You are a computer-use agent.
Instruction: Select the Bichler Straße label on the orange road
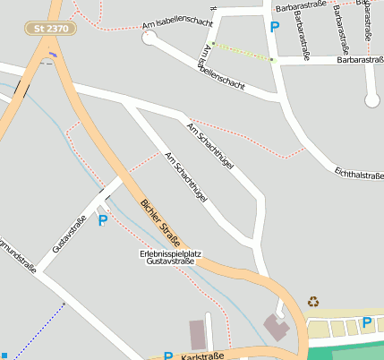click(161, 223)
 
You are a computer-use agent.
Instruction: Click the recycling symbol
click(313, 302)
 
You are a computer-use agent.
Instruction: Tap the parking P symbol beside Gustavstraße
click(103, 219)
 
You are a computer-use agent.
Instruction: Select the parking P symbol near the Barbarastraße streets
click(274, 27)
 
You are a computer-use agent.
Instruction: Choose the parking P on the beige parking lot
click(366, 322)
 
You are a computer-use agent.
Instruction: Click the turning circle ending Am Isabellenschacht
click(149, 38)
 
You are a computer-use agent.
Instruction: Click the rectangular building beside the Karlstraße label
click(197, 334)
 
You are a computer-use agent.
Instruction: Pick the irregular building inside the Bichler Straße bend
click(276, 327)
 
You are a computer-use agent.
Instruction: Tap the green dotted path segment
click(242, 51)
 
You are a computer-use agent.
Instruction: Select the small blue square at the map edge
click(3, 356)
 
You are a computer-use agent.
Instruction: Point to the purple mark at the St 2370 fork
click(55, 56)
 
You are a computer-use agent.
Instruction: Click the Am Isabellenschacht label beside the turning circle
click(178, 22)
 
